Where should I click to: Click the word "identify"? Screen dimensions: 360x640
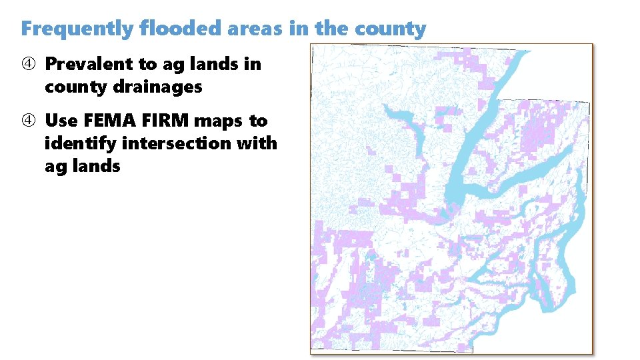[x=74, y=143]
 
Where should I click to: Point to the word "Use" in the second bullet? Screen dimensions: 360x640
[x=61, y=121]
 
